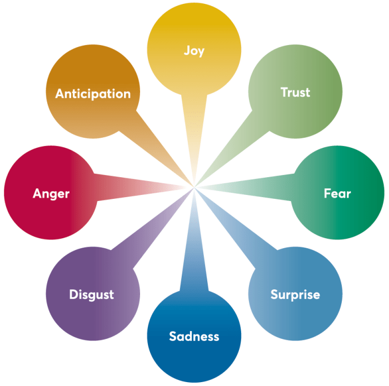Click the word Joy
[x=194, y=51]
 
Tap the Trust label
[x=295, y=92]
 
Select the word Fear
[x=337, y=193]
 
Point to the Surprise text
[x=295, y=294]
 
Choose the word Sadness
[x=194, y=336]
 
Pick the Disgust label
[x=92, y=294]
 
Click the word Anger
[x=51, y=193]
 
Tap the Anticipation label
[x=93, y=93]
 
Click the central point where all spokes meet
[x=194, y=189]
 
